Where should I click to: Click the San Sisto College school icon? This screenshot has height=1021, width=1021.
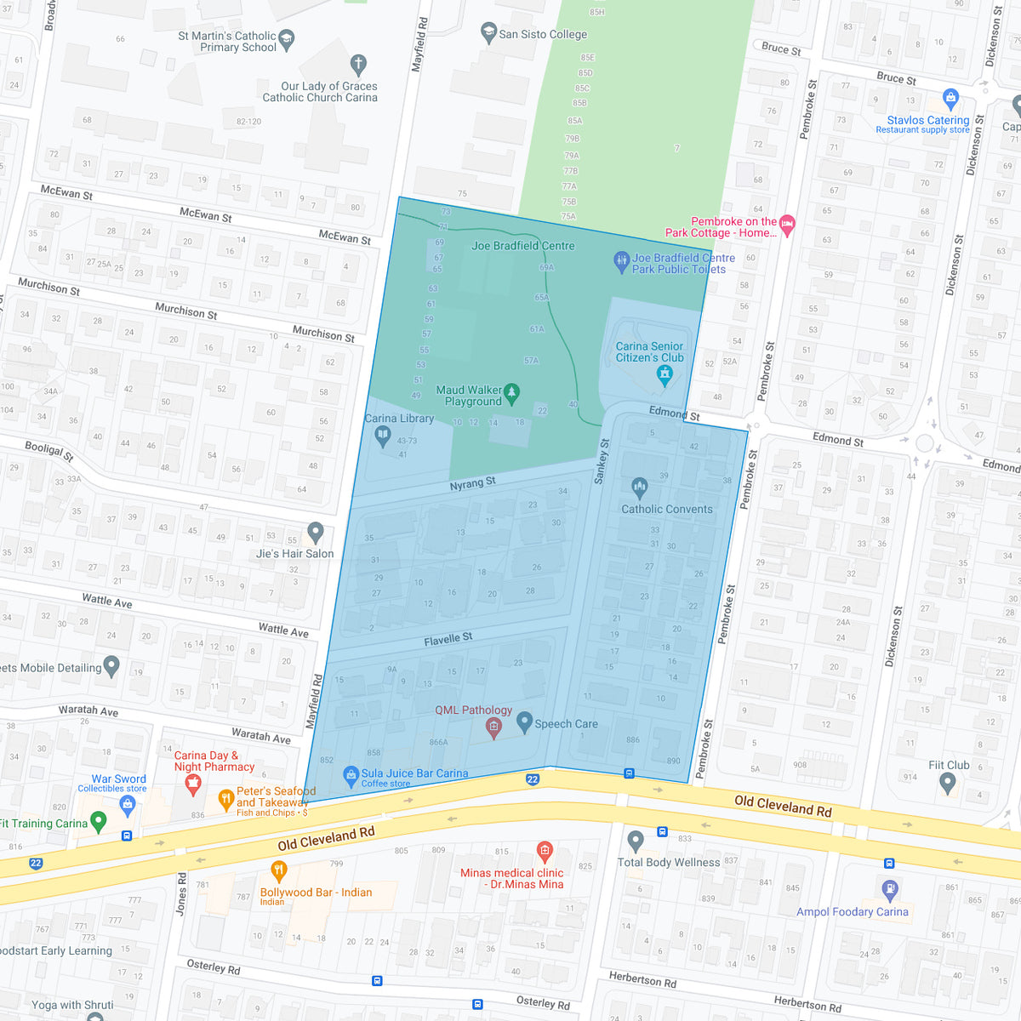[488, 33]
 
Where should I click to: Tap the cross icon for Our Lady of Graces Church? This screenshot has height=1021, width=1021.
[358, 64]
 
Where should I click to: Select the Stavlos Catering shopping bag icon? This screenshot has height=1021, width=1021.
[951, 98]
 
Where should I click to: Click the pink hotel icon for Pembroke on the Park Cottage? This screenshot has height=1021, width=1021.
[787, 225]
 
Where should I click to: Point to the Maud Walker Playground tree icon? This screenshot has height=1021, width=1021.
[511, 392]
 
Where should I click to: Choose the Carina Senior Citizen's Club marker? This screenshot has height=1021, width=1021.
[665, 374]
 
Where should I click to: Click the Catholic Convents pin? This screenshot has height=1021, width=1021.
[640, 488]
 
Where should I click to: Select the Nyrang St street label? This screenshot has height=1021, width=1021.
[472, 483]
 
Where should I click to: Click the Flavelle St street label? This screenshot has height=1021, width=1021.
[448, 639]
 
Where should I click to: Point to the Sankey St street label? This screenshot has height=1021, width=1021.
[602, 462]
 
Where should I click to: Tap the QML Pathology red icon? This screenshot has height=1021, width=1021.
[493, 727]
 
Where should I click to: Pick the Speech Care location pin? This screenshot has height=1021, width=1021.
[524, 723]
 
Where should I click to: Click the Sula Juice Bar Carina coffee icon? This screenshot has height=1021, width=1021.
[351, 775]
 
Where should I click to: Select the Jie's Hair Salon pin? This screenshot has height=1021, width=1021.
[316, 533]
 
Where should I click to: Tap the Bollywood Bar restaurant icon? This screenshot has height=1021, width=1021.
[278, 870]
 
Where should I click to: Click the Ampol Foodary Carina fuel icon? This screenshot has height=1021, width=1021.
[890, 890]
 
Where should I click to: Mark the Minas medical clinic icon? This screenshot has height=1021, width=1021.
[545, 850]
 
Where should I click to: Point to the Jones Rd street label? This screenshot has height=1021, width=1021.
[181, 893]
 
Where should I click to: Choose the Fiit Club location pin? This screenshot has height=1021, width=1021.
[947, 784]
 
